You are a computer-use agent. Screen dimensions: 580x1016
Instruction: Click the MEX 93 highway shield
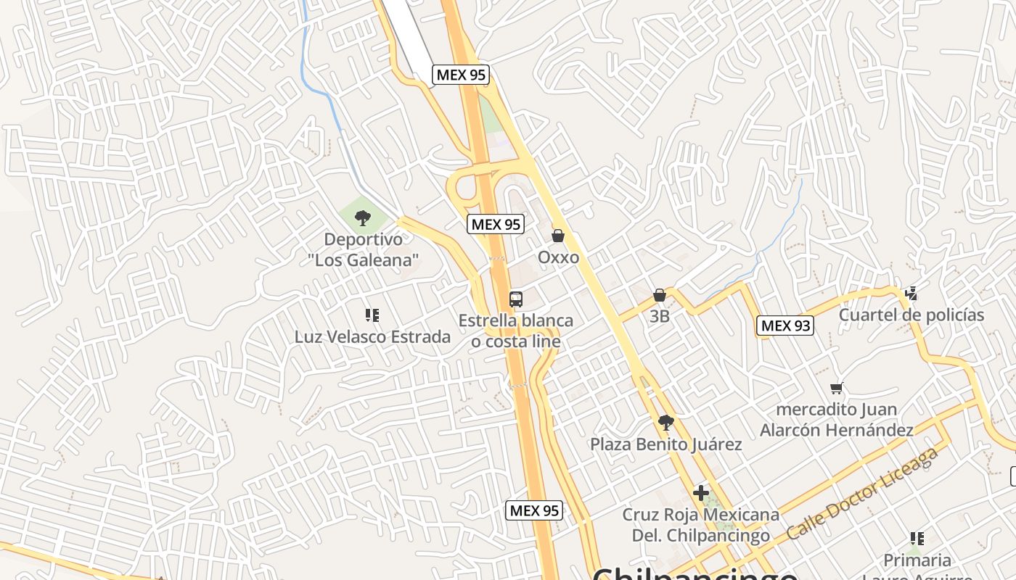click(x=784, y=326)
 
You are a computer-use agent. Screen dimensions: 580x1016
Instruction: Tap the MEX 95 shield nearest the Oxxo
click(x=496, y=224)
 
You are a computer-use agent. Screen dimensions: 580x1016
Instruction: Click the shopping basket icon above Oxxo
click(x=558, y=236)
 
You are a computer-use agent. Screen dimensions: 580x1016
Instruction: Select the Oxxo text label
click(x=558, y=257)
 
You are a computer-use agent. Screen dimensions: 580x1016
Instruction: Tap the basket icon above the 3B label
click(x=659, y=295)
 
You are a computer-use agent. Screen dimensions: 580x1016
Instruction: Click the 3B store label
click(x=659, y=316)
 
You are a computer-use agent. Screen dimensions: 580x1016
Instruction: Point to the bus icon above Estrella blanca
click(x=515, y=299)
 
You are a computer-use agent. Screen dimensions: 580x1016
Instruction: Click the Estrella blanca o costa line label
click(x=515, y=331)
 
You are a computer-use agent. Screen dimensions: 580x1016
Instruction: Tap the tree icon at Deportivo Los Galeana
click(x=362, y=217)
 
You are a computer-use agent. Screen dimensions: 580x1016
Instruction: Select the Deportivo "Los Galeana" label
click(x=362, y=249)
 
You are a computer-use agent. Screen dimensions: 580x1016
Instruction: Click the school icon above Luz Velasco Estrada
click(x=372, y=315)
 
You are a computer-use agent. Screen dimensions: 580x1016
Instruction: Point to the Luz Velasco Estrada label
click(x=372, y=336)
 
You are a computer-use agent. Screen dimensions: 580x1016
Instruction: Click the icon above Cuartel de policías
click(x=911, y=294)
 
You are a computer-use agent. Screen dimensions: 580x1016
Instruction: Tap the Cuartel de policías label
click(x=911, y=315)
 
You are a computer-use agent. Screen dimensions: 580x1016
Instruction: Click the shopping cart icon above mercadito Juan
click(x=837, y=389)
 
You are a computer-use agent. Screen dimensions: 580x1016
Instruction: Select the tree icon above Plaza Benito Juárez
click(x=665, y=423)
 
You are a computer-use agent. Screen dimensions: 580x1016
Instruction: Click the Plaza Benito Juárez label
click(x=665, y=444)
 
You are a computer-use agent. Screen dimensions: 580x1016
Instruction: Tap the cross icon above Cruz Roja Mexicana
click(x=700, y=493)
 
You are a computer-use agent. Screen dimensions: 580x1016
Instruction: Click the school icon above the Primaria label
click(x=917, y=539)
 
